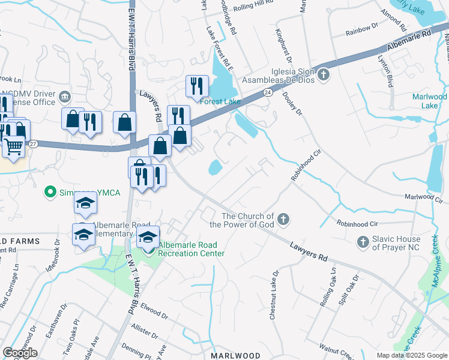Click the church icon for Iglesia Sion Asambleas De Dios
(324, 75)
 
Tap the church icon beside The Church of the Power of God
(283, 220)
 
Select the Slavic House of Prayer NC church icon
(363, 241)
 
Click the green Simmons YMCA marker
(50, 193)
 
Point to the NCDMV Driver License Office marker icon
(65, 97)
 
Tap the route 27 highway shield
(34, 144)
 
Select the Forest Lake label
(224, 101)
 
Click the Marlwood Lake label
(429, 101)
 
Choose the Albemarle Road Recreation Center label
(191, 249)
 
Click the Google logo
(20, 353)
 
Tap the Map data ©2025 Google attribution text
(412, 355)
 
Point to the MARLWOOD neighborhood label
(236, 356)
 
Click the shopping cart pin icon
(13, 146)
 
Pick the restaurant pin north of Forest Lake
(196, 86)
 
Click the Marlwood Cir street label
(423, 197)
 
